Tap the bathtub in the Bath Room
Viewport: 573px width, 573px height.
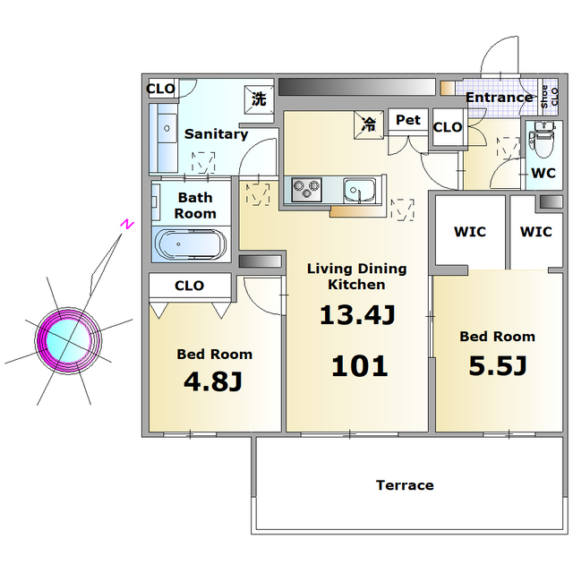[190, 244]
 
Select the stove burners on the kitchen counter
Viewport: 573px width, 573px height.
[306, 189]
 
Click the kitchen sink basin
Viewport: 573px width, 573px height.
[360, 190]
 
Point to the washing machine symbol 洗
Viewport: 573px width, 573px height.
[259, 99]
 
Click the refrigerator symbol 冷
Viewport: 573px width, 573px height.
[369, 125]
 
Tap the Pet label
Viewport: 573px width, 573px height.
[408, 120]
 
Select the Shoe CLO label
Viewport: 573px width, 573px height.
[549, 97]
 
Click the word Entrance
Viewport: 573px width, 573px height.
[499, 98]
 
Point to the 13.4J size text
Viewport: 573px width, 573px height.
[357, 315]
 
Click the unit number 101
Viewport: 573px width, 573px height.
[359, 366]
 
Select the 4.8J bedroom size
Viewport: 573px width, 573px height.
[213, 381]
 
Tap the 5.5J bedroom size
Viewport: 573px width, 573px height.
[498, 366]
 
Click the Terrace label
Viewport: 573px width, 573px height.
[405, 485]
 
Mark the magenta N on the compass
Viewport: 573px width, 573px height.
[127, 225]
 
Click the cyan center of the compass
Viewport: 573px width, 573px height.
[68, 341]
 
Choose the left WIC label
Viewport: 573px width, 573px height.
[470, 232]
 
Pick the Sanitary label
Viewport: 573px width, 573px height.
[217, 134]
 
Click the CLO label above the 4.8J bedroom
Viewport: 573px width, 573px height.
[189, 286]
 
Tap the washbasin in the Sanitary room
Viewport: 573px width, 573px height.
[167, 128]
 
